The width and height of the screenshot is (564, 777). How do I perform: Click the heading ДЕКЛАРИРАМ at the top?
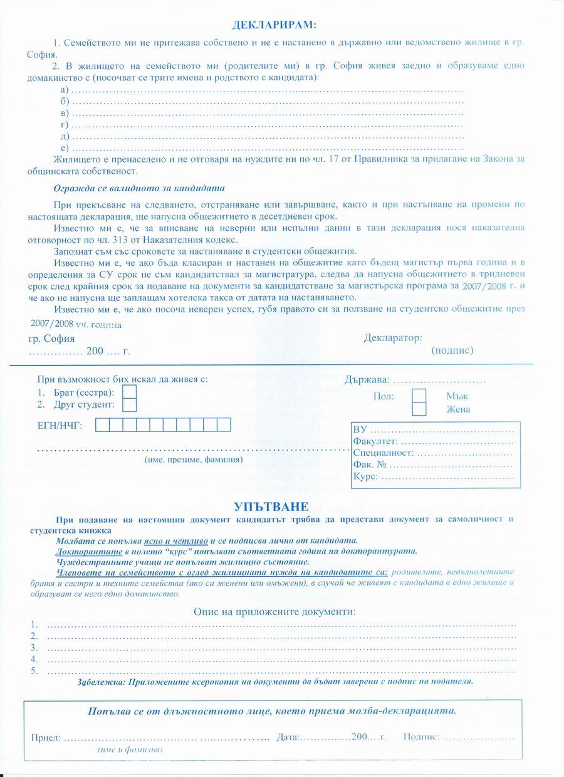pyautogui.click(x=274, y=25)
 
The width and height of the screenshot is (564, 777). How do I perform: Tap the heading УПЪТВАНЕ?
pyautogui.click(x=271, y=506)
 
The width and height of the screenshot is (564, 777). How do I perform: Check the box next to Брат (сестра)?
pyautogui.click(x=129, y=392)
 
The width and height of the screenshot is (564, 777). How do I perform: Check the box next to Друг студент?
pyautogui.click(x=129, y=404)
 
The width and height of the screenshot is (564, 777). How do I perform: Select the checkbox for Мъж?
pyautogui.click(x=419, y=396)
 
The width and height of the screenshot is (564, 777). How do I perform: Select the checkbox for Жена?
pyautogui.click(x=419, y=410)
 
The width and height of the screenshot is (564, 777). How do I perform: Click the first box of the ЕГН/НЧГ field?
pyautogui.click(x=102, y=425)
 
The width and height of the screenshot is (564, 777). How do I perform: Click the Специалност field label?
pyautogui.click(x=383, y=453)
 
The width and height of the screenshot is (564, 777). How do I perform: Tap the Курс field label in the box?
pyautogui.click(x=365, y=477)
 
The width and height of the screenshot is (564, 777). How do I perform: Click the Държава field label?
pyautogui.click(x=367, y=380)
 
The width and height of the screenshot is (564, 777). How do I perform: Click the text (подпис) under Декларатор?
pyautogui.click(x=452, y=351)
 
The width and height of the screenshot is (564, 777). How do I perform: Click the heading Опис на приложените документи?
pyautogui.click(x=274, y=611)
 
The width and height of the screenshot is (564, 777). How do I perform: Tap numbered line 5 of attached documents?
pyautogui.click(x=282, y=671)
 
